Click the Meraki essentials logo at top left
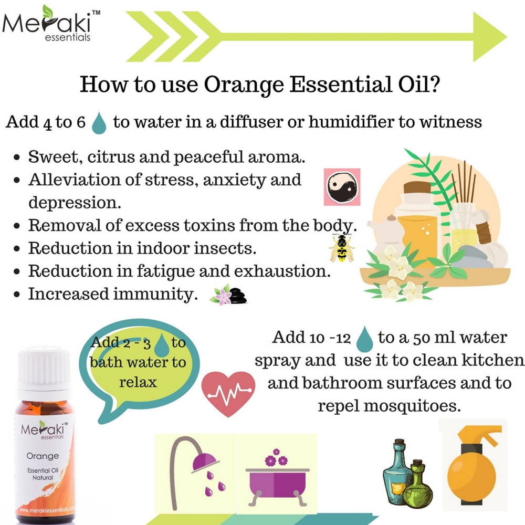point(50,24)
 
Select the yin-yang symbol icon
point(342,186)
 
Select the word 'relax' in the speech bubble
point(138,382)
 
